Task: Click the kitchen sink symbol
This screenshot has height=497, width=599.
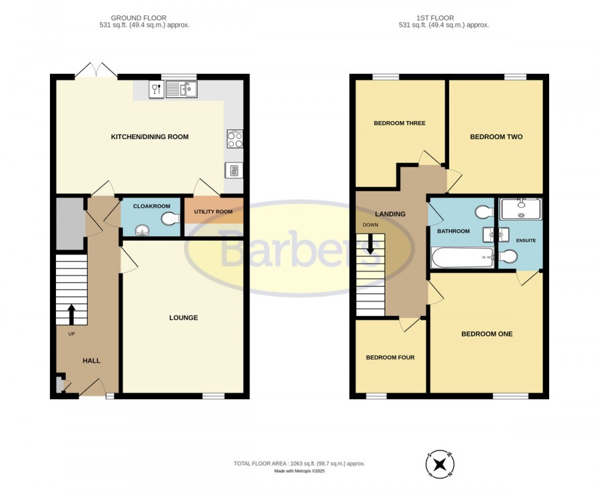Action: click(182, 89)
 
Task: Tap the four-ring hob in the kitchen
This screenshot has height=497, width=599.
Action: click(235, 139)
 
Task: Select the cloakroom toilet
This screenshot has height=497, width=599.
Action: click(170, 219)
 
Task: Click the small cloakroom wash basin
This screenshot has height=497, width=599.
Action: click(142, 231)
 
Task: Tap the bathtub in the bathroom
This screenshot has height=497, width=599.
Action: click(463, 257)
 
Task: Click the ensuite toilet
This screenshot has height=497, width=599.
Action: click(508, 256)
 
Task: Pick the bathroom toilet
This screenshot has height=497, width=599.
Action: click(485, 212)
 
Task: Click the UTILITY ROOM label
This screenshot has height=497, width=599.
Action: click(213, 211)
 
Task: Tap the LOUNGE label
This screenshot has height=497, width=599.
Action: click(184, 318)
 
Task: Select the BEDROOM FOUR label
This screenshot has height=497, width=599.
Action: click(390, 358)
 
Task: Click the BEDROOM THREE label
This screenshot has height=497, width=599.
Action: click(399, 123)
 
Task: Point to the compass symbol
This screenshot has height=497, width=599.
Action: click(440, 464)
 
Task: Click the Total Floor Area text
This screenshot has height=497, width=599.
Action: click(299, 464)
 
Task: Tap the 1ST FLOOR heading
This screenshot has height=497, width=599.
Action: click(435, 17)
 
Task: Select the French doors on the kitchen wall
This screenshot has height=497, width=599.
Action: click(97, 71)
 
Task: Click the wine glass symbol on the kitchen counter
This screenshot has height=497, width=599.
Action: click(156, 89)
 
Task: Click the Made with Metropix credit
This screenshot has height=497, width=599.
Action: click(299, 471)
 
